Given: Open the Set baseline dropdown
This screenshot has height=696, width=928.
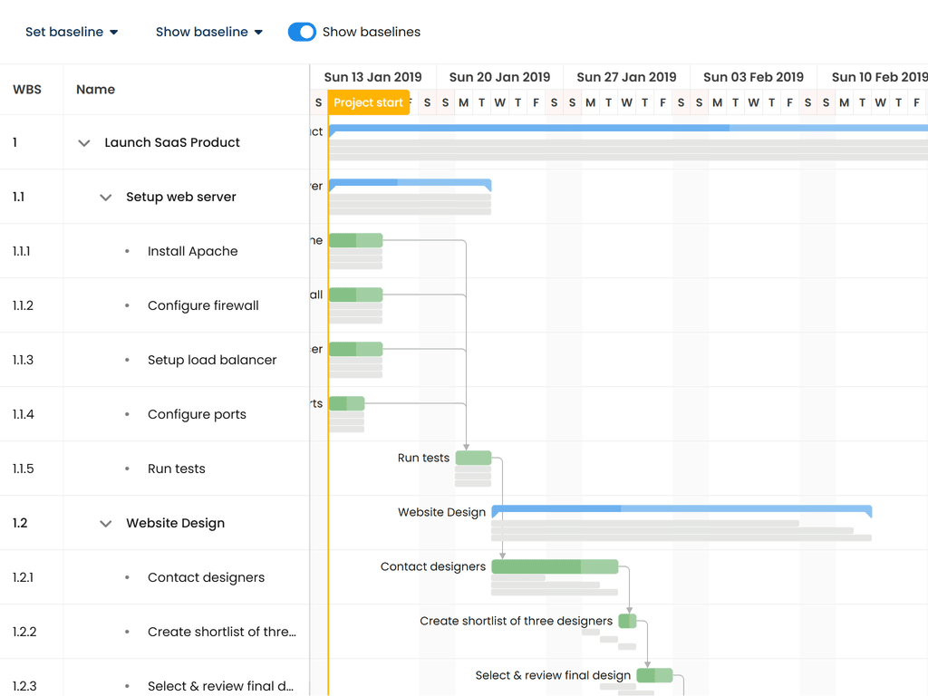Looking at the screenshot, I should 72,32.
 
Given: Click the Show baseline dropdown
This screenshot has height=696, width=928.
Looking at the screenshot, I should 208,32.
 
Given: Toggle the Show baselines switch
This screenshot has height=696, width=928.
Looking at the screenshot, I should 302,32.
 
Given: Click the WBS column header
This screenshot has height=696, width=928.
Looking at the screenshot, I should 27,89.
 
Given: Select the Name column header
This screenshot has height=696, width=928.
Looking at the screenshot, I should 95,89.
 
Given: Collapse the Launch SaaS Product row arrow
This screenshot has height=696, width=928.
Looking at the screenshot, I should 84,143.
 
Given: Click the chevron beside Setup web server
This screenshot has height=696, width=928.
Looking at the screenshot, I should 106,198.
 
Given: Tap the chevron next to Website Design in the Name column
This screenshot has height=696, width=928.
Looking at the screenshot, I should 106,524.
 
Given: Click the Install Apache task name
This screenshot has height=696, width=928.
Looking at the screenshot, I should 192,251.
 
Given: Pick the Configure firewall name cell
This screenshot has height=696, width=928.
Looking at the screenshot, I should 203,305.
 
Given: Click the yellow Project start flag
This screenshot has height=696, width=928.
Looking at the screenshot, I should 368,102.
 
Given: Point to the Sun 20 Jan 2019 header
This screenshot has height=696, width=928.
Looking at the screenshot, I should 499,77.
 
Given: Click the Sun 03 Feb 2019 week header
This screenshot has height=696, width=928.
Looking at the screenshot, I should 753,77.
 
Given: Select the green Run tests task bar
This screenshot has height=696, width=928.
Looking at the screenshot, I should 473,458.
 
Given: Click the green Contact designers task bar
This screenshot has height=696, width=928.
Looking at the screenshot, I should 555,566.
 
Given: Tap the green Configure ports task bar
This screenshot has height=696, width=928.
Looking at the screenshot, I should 346,403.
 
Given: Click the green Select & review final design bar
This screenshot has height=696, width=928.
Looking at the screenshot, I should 654,675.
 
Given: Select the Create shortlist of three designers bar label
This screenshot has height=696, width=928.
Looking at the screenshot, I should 516,621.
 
